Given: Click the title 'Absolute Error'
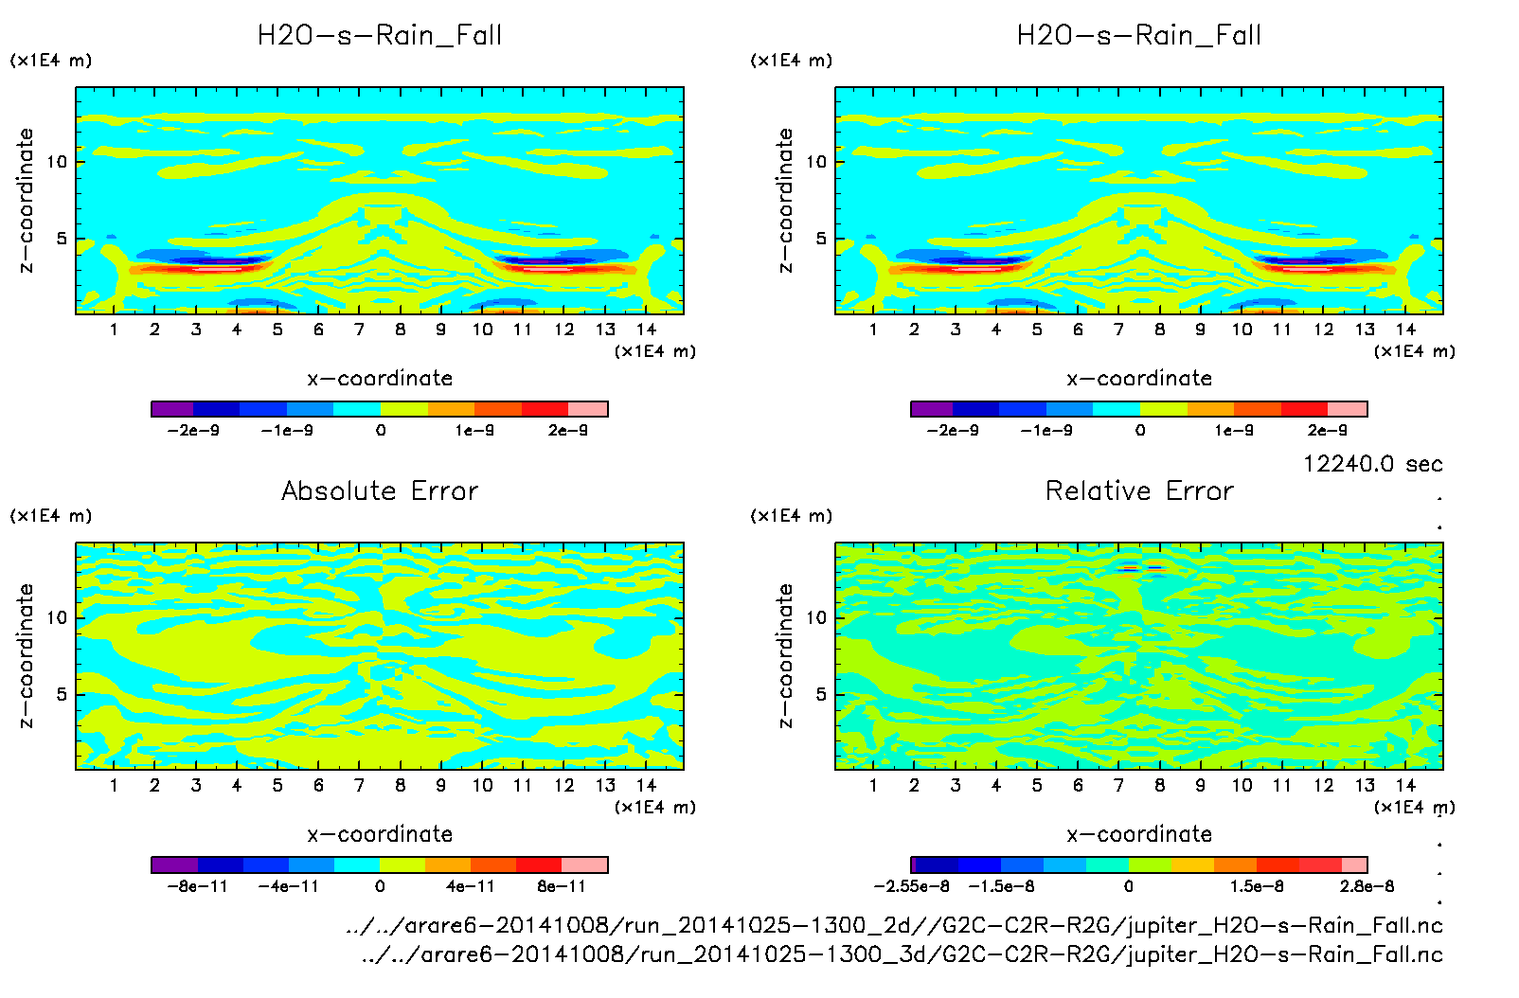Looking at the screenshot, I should pyautogui.click(x=380, y=490).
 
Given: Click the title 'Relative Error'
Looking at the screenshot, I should pyautogui.click(x=1139, y=490).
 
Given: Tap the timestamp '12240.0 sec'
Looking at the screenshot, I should pyautogui.click(x=1372, y=464).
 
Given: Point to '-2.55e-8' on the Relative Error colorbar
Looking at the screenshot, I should pyautogui.click(x=911, y=886).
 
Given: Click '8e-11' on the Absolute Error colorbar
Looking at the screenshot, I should pyautogui.click(x=562, y=886).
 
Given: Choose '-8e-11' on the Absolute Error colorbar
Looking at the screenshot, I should pyautogui.click(x=197, y=886).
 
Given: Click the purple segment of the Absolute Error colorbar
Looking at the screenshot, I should pyautogui.click(x=174, y=864).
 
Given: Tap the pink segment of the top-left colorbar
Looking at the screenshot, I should pyautogui.click(x=587, y=409).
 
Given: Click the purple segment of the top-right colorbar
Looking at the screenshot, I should pyautogui.click(x=932, y=409).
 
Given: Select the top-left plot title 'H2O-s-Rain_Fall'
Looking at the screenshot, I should pyautogui.click(x=380, y=36).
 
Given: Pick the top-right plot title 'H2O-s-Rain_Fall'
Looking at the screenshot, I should pyautogui.click(x=1139, y=36).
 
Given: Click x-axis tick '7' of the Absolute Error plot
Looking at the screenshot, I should pyautogui.click(x=359, y=785).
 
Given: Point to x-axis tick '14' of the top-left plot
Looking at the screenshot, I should pyautogui.click(x=646, y=330).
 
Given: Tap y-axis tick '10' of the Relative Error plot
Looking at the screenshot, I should pyautogui.click(x=816, y=618).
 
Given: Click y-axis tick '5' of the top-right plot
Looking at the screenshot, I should pyautogui.click(x=820, y=239).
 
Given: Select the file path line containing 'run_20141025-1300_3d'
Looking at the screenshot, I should pyautogui.click(x=902, y=954).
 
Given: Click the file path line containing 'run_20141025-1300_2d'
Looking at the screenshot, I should pyautogui.click(x=894, y=925).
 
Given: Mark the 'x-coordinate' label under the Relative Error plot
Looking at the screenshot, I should pyautogui.click(x=1139, y=834).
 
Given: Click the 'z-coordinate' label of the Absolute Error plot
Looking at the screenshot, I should pyautogui.click(x=27, y=655).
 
